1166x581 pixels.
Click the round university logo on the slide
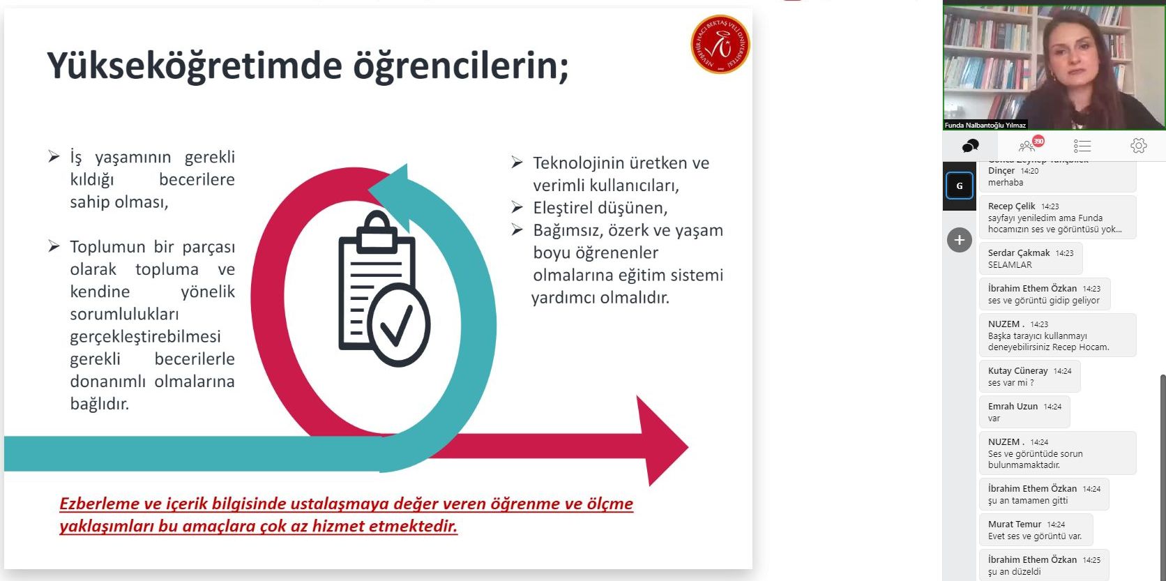point(720,44)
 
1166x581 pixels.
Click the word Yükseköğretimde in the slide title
point(195,66)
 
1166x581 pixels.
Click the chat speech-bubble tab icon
point(970,146)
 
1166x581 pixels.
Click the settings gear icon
point(1138,146)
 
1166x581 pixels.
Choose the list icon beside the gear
point(1082,146)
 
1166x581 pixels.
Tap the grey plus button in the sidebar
point(960,240)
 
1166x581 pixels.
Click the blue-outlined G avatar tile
point(960,186)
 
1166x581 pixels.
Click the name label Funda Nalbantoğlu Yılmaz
point(985,125)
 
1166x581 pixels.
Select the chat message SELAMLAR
point(1010,264)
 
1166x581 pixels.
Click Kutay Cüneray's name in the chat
point(1017,370)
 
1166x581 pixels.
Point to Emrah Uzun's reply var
point(994,418)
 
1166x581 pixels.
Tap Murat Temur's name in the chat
point(1015,525)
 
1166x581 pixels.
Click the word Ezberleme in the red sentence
point(99,504)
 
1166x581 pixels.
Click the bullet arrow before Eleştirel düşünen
point(517,207)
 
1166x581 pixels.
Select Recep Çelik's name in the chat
point(1011,206)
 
